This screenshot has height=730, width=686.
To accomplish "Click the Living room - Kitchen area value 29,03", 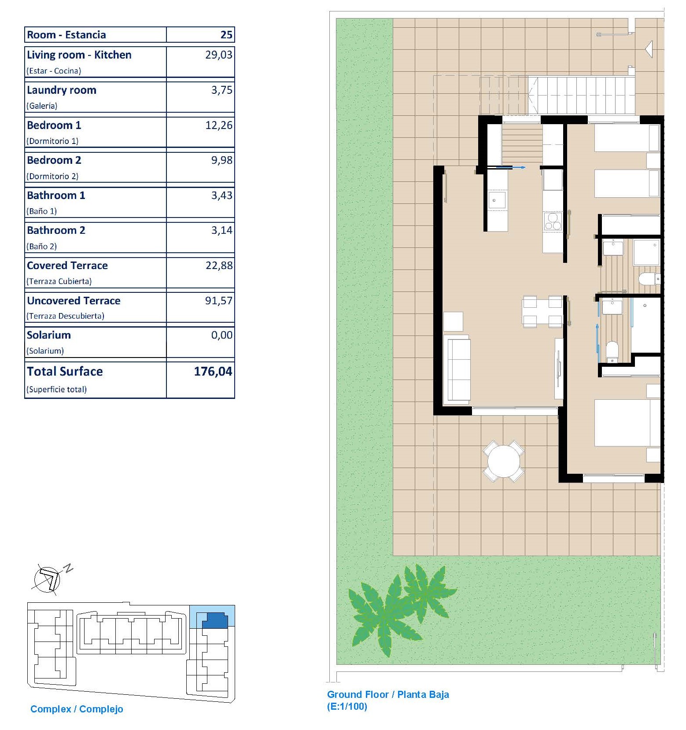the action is (x=218, y=55).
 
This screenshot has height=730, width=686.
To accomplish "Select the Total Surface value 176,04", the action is (x=213, y=372).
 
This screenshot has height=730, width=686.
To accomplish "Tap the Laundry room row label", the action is (x=61, y=90).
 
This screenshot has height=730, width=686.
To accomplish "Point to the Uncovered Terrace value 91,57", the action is (x=218, y=301).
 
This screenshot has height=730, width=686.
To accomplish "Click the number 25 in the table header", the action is (x=226, y=35).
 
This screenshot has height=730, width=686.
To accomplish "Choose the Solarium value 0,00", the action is (x=221, y=335).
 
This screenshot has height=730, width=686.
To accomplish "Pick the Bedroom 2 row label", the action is (x=54, y=160).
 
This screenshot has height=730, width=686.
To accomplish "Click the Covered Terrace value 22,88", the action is (x=219, y=265).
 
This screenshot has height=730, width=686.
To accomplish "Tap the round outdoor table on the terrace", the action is (x=504, y=461).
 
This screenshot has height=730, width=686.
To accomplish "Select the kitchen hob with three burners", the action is (x=553, y=221).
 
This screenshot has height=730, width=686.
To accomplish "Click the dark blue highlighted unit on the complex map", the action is (x=215, y=620).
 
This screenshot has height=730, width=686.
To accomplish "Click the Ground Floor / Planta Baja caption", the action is (x=388, y=694).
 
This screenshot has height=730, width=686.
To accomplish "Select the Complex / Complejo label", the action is (x=77, y=709).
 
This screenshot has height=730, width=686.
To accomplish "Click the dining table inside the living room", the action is (x=542, y=312).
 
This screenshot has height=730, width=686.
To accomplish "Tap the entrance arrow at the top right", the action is (x=649, y=49).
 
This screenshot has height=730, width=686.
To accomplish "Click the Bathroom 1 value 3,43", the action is (x=221, y=195).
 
